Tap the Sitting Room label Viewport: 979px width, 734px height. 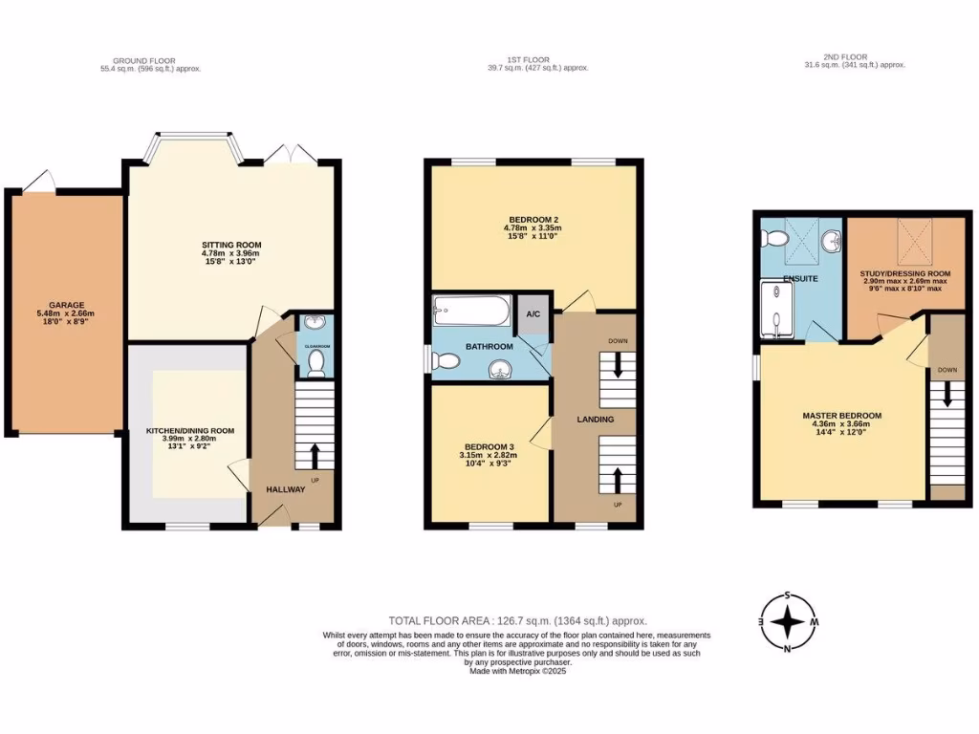tap(225, 246)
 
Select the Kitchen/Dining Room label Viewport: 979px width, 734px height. tap(189, 431)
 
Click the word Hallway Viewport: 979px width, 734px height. tap(285, 489)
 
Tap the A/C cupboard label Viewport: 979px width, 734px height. tap(532, 313)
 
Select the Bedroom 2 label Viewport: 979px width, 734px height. tap(533, 217)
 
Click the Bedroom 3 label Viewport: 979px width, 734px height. tap(489, 447)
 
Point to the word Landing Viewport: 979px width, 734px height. tap(595, 420)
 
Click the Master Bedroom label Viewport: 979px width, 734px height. tap(841, 416)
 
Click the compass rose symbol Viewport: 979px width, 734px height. tap(787, 623)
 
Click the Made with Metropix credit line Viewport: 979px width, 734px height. tap(517, 671)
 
